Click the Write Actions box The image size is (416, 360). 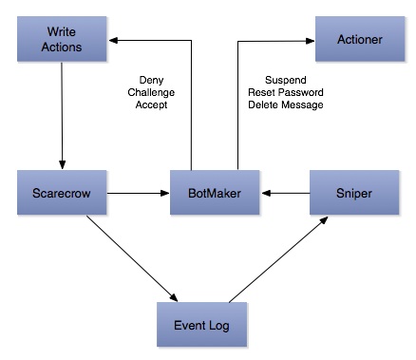coord(62,39)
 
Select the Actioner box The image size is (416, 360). coord(360,39)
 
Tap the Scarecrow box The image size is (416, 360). coord(62,193)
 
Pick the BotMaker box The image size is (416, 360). coord(215,193)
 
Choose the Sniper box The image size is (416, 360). coord(354,193)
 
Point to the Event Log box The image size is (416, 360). coord(201,325)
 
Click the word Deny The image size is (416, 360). coord(151,81)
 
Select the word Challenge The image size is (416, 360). coord(151,93)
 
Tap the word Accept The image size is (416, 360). coord(151,104)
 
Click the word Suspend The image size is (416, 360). coord(286,80)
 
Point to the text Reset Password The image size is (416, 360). coord(286,92)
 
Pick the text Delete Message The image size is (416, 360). coord(286,104)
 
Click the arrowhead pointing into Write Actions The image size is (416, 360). coord(113,40)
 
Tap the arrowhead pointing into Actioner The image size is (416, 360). coord(310,41)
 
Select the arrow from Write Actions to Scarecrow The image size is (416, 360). coord(62,116)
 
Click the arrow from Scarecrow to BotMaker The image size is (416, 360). coord(139,193)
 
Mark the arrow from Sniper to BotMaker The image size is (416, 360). coord(286,193)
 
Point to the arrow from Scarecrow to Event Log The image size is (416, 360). coord(132,258)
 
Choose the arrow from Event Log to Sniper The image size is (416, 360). coord(278,259)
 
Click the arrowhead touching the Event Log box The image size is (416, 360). coord(174,298)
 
